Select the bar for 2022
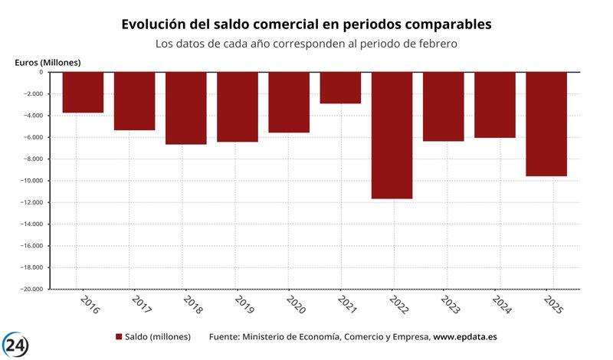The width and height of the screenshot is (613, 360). tap(392, 135)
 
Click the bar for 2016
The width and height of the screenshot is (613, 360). tap(83, 92)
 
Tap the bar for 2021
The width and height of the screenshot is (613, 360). tap(340, 87)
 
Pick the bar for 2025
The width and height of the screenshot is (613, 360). tap(546, 123)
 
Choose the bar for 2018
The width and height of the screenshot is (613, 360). tap(186, 108)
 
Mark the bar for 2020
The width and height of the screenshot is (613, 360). tap(289, 102)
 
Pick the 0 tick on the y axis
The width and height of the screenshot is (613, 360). tap(41, 72)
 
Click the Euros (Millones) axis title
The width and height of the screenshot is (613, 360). tap(48, 61)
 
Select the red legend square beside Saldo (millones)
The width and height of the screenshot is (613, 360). tap(119, 337)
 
